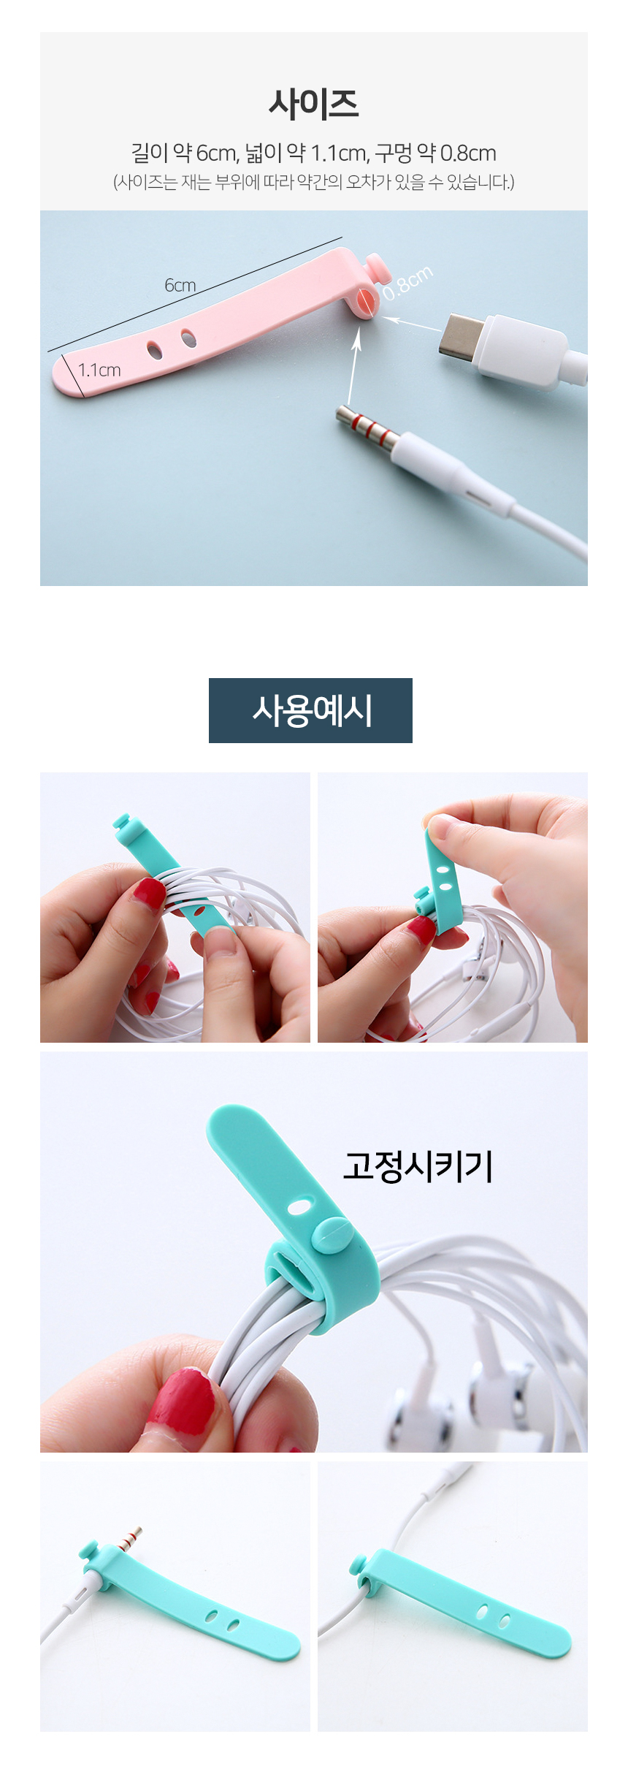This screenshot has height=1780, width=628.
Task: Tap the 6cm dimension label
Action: click(x=180, y=285)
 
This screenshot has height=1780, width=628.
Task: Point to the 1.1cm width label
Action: click(x=99, y=370)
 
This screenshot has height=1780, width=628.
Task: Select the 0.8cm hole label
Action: click(x=407, y=283)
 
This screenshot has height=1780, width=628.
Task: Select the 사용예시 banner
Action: click(x=310, y=710)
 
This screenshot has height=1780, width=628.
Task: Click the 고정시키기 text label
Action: click(x=418, y=1165)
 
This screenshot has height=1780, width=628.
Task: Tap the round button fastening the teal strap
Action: click(x=332, y=1233)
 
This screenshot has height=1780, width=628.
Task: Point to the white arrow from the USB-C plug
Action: click(x=412, y=324)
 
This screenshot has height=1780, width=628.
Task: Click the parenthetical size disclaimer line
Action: click(x=313, y=182)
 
